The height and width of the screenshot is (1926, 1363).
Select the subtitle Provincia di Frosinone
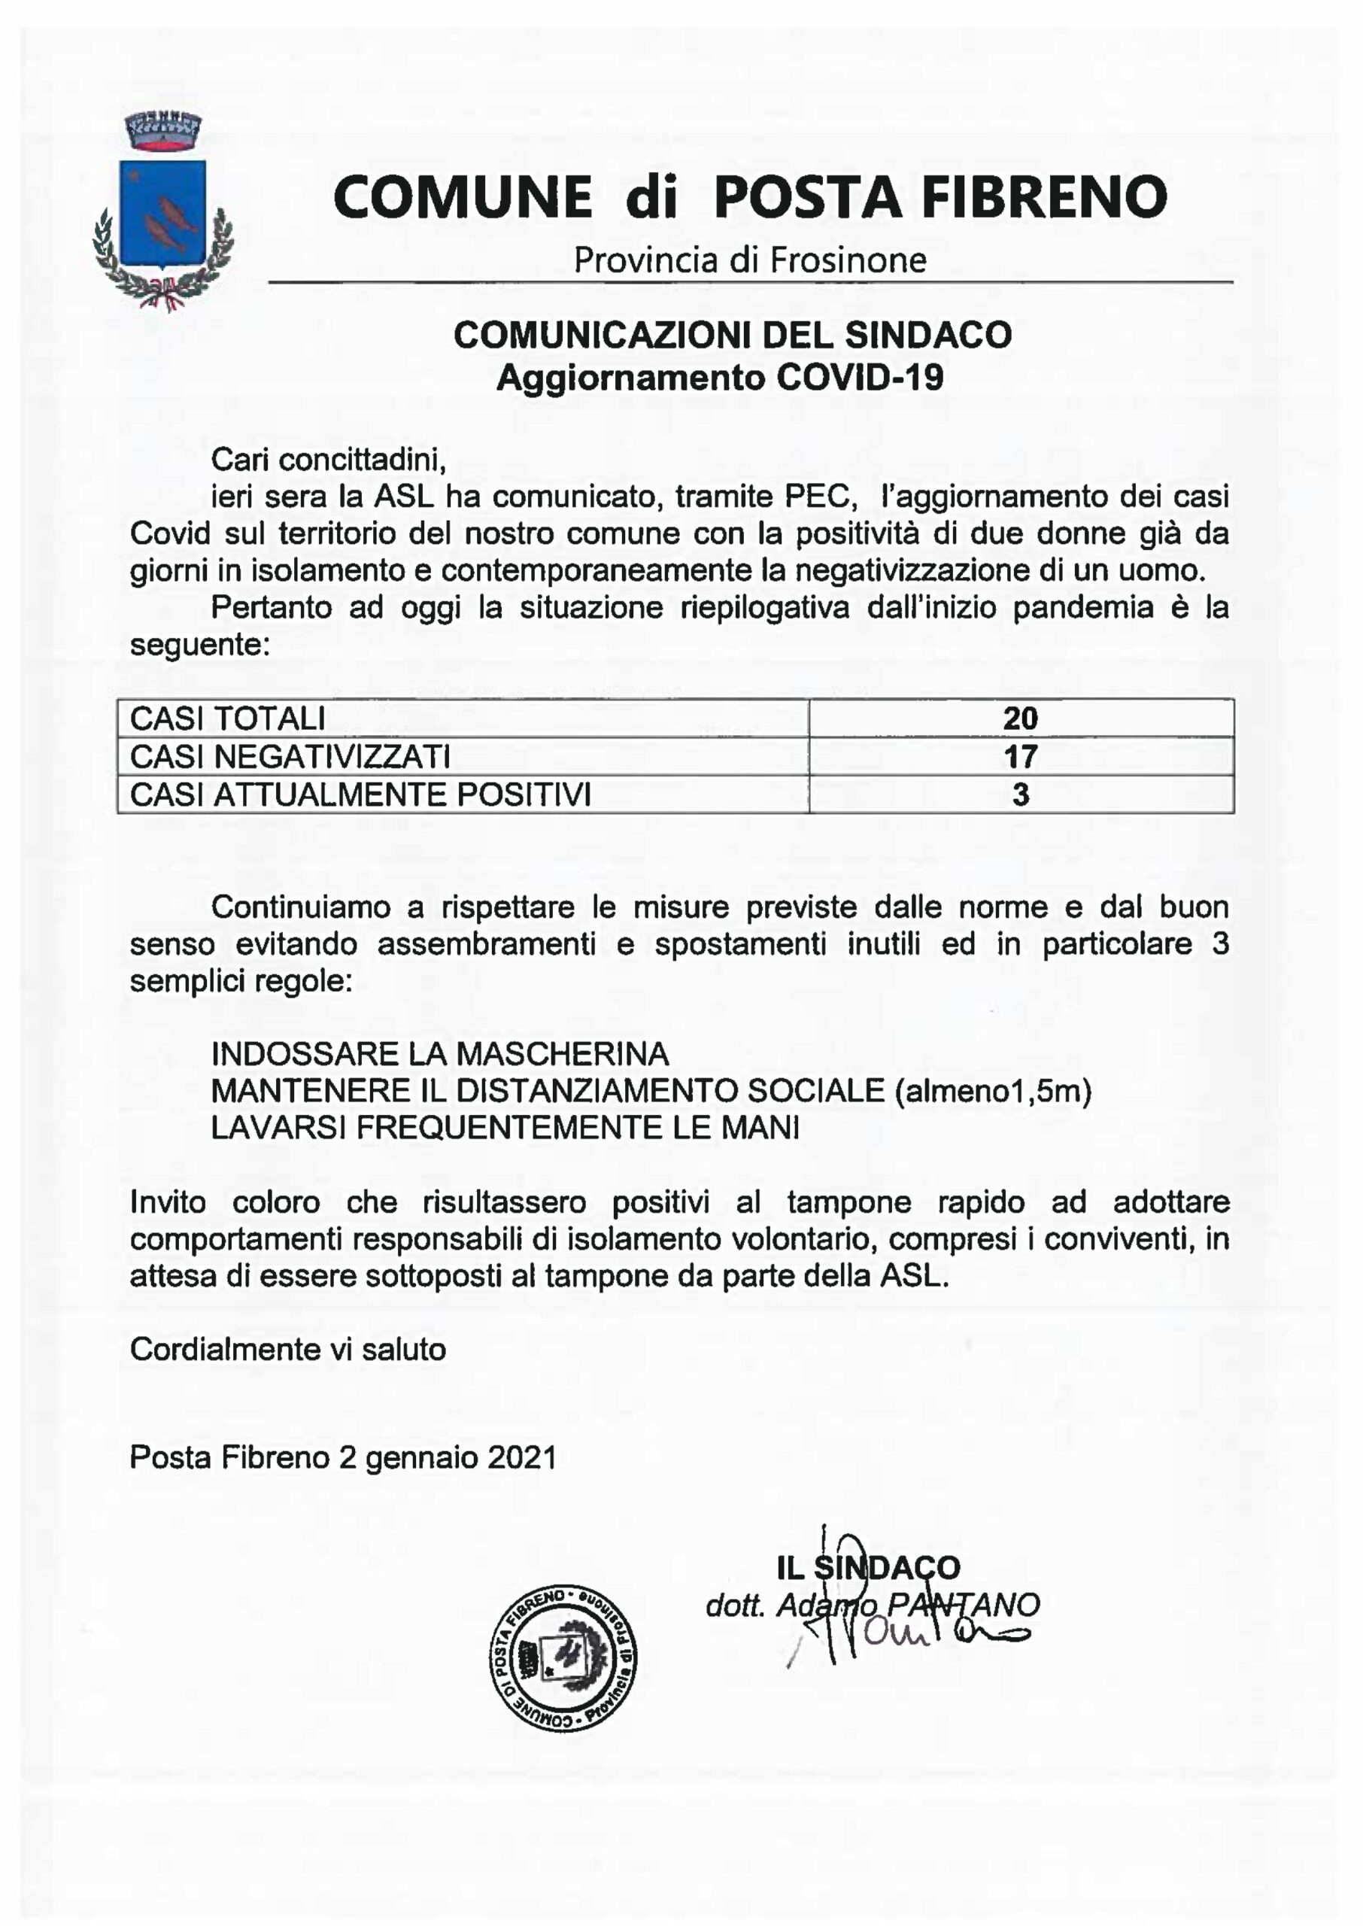pos(749,260)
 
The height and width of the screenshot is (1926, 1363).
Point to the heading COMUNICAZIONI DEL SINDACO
pos(732,335)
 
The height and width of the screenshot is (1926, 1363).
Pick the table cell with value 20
pos(1020,718)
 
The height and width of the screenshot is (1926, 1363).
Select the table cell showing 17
pos(1020,757)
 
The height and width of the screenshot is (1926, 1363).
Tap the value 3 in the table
pos(1020,794)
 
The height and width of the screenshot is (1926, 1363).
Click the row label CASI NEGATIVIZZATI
pos(290,757)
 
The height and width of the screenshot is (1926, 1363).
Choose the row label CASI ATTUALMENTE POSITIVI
pos(361,794)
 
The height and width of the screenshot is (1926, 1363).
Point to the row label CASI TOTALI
pos(227,718)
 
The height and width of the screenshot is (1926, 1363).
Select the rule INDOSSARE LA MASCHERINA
pos(440,1053)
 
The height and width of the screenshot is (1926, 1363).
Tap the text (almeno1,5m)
pos(993,1091)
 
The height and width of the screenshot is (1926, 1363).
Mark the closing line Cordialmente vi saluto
pos(288,1350)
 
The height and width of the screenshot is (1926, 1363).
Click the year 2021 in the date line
pos(521,1458)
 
